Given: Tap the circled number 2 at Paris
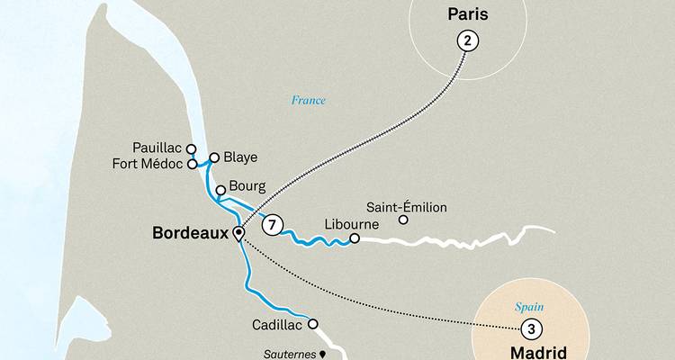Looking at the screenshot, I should coord(466,40).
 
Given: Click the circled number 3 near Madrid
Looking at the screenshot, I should coord(531,328).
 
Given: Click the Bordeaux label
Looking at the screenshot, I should coord(191,233).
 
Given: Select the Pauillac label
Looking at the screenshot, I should coord(157,148).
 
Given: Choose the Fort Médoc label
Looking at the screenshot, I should coord(148,164).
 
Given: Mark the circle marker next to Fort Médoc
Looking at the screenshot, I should coord(192,165).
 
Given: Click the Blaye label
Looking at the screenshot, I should coord(240,157).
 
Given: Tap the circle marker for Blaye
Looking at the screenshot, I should coord(214,157).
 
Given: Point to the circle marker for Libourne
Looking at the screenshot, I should coord(355,238).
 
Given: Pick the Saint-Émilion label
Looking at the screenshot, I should coord(407,208).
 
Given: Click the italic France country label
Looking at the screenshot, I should coord(308,100).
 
